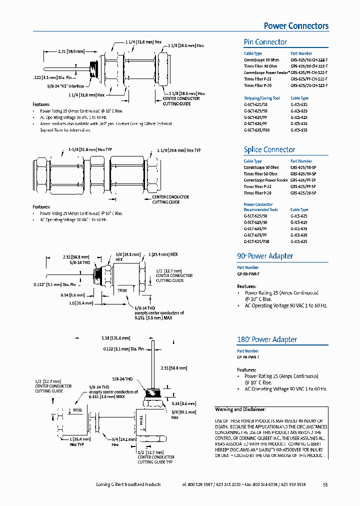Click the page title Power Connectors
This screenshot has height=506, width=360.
296,26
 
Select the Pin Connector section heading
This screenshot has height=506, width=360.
265,42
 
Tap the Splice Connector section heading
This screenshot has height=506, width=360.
269,149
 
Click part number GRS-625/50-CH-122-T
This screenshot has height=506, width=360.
309,60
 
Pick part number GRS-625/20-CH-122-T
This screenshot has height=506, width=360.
309,85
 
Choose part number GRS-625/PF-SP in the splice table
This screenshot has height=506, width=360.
303,180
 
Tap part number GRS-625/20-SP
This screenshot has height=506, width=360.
303,193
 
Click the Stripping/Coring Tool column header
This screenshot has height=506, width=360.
261,98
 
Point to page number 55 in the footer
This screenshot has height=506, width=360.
325,484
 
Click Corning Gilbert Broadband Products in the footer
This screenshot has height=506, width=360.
128,484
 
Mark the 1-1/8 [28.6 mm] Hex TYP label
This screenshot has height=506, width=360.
178,150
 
